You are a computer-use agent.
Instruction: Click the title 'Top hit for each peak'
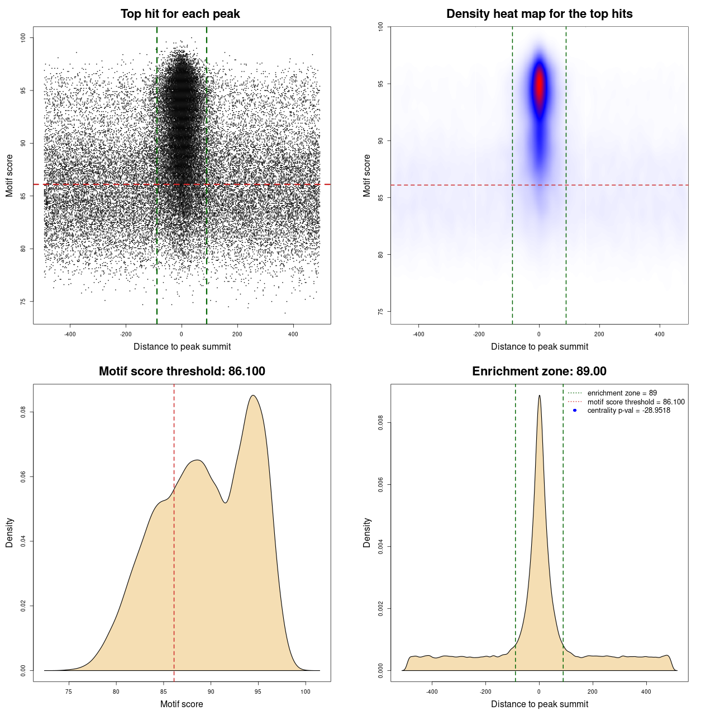pos(180,14)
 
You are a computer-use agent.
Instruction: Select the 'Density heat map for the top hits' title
pos(539,14)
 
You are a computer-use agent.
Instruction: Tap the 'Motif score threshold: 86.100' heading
pos(182,371)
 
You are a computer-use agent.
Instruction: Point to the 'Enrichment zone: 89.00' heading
pos(539,371)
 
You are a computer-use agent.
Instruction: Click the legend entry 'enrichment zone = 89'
pos(622,393)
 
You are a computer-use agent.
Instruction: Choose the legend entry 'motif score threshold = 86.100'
pos(636,402)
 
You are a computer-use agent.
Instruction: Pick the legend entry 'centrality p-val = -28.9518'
pos(628,411)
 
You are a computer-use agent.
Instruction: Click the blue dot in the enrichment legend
pos(575,411)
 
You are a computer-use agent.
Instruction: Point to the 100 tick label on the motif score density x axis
pos(305,692)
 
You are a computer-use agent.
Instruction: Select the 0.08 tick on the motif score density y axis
pos(23,412)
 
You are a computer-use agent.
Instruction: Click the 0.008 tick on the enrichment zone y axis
pos(380,423)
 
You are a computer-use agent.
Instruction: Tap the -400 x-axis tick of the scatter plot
pos(70,334)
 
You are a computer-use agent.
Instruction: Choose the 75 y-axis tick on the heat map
pos(380,311)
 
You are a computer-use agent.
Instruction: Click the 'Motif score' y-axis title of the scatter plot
pos(9,175)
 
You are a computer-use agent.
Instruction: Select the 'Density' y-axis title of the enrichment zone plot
pos(367,532)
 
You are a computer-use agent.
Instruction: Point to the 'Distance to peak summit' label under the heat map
pos(539,347)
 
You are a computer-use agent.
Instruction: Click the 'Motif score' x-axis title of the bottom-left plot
pos(182,704)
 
